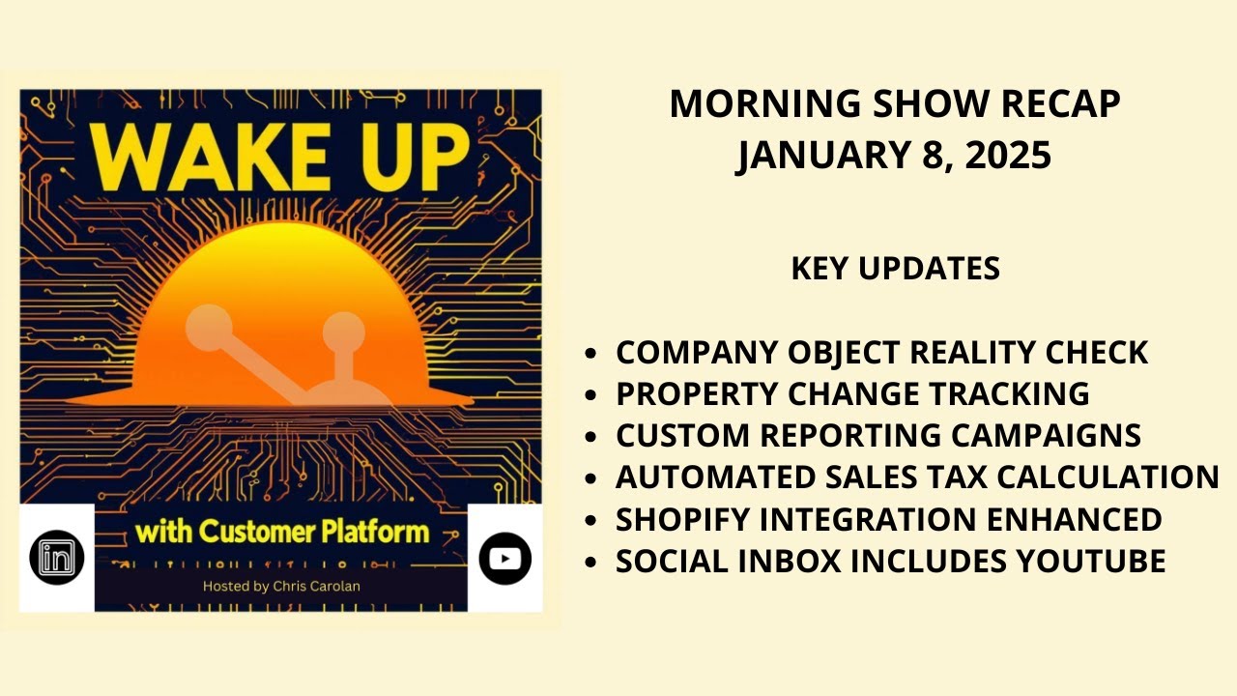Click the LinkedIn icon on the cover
tap(56, 557)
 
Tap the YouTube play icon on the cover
tap(505, 558)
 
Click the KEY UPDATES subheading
tap(895, 269)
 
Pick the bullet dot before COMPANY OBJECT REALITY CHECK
tap(590, 355)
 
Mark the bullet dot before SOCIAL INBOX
tap(590, 563)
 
